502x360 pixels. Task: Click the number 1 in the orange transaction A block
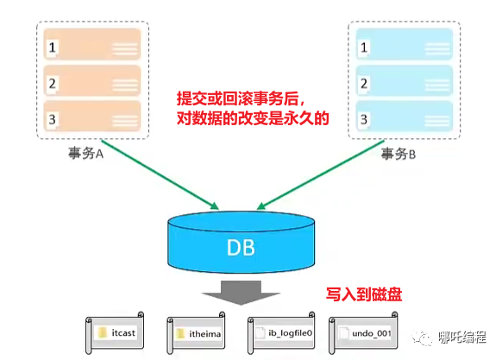53,47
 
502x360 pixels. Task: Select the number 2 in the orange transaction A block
53,84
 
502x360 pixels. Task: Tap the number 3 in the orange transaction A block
53,120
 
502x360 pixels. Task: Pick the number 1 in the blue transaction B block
364,47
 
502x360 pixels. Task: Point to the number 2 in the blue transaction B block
364,84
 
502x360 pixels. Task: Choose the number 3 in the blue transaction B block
364,120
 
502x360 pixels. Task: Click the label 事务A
85,154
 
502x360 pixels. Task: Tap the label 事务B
398,154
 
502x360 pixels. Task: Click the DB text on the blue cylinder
241,248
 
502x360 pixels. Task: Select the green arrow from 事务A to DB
160,174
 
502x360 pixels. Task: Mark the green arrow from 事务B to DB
321,175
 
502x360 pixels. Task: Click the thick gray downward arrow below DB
241,293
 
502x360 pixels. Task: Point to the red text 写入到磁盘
364,294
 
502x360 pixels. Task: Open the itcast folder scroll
115,333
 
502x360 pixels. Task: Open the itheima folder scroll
196,333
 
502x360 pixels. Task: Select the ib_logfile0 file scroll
281,333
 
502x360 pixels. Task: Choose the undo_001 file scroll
363,333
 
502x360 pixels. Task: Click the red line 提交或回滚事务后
241,98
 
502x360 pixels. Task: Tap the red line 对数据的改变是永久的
253,118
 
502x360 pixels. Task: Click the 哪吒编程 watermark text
462,338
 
